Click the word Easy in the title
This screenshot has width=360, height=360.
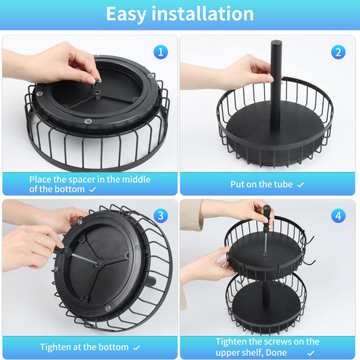click(x=126, y=14)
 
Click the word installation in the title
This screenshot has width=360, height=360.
click(x=203, y=14)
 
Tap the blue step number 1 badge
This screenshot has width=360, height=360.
click(x=161, y=52)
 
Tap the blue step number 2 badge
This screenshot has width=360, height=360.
click(x=338, y=52)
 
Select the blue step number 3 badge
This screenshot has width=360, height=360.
click(x=161, y=216)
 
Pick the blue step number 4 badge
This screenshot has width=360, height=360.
click(x=338, y=216)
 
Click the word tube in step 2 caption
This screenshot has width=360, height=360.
click(x=284, y=184)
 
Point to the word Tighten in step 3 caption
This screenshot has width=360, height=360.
click(x=55, y=347)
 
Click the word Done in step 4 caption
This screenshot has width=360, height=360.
click(x=277, y=353)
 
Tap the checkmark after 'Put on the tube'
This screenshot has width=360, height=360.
click(x=301, y=184)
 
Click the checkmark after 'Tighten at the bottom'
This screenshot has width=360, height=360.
click(x=136, y=348)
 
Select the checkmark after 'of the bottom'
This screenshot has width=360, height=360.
click(x=93, y=190)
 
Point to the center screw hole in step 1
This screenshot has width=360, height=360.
click(x=97, y=93)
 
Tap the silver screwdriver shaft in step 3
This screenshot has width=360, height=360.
click(x=84, y=259)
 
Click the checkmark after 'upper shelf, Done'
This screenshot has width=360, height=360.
click(x=311, y=353)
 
